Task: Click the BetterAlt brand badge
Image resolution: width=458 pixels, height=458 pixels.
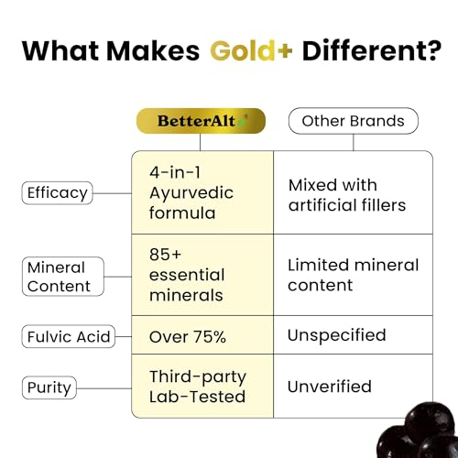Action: [x=199, y=121]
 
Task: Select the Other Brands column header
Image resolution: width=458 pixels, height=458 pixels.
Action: [x=354, y=121]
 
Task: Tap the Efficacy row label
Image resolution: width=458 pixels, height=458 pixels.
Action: [x=58, y=192]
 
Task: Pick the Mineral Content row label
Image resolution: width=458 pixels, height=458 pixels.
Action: [x=57, y=277]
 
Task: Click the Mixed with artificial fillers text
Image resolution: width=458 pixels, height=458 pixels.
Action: [x=347, y=194]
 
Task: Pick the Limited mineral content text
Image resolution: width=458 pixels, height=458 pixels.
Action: [x=353, y=275]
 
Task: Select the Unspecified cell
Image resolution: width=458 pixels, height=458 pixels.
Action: [x=336, y=335]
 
